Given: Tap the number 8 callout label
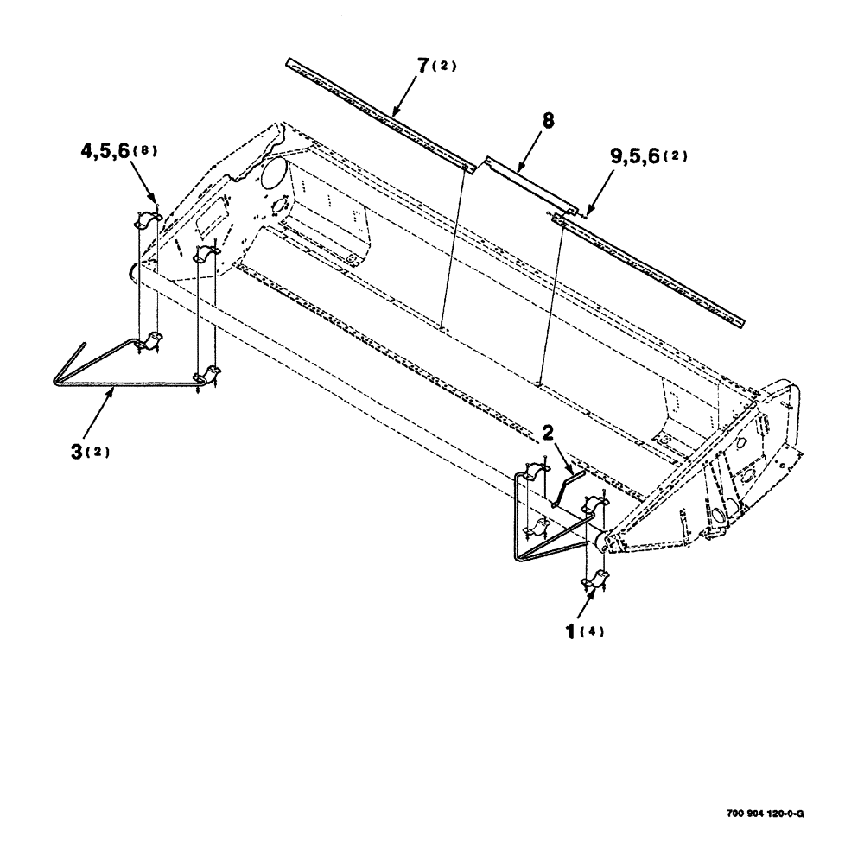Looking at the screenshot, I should point(547,124).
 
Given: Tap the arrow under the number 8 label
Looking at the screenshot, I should point(530,155).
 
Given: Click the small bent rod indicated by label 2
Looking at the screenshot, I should point(565,484).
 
